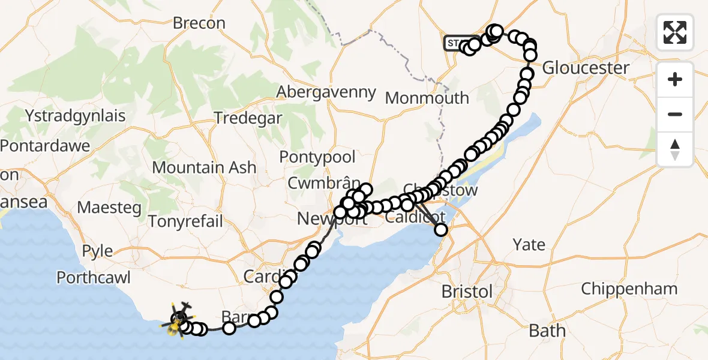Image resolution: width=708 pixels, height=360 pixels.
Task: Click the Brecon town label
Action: pyautogui.click(x=199, y=23)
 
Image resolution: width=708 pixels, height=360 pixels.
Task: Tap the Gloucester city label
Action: pyautogui.click(x=586, y=68)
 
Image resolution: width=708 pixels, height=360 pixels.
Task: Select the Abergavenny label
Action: pyautogui.click(x=326, y=92)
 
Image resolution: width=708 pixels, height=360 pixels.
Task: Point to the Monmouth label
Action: pyautogui.click(x=427, y=98)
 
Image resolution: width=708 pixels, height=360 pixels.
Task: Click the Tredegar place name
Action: pyautogui.click(x=248, y=118)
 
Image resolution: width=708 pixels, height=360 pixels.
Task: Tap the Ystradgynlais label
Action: pyautogui.click(x=76, y=115)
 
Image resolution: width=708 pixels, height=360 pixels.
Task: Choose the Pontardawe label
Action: pyautogui.click(x=45, y=146)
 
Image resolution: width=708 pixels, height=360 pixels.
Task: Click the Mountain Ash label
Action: pyautogui.click(x=205, y=167)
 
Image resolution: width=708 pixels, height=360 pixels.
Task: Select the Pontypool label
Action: pyautogui.click(x=317, y=157)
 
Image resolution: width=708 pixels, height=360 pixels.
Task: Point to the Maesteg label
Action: pyautogui.click(x=110, y=208)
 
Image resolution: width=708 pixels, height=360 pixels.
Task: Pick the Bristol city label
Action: pyautogui.click(x=467, y=292)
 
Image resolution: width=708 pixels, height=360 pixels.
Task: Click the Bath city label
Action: pyautogui.click(x=547, y=331)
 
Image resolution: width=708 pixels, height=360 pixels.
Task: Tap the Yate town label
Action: pyautogui.click(x=529, y=245)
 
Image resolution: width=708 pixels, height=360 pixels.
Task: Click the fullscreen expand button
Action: pyautogui.click(x=675, y=32)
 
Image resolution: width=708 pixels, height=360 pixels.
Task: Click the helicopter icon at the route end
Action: pyautogui.click(x=178, y=317)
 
